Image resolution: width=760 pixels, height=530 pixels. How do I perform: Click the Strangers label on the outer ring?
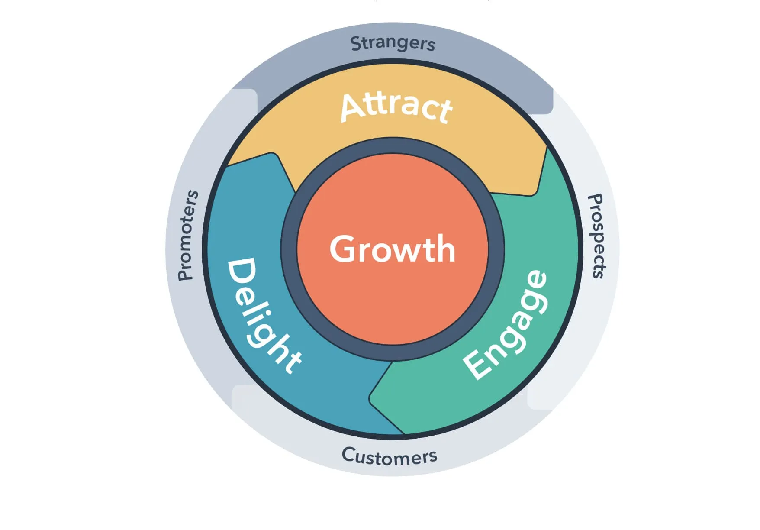coord(393,44)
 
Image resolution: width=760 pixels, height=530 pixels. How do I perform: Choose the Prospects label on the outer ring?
coord(596,236)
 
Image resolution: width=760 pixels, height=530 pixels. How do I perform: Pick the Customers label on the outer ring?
coord(390,456)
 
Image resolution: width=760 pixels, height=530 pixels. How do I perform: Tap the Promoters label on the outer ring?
coord(188,235)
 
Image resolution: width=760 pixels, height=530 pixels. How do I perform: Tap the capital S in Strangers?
coord(356,43)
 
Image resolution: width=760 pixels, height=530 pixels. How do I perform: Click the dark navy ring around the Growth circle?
coord(289,249)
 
